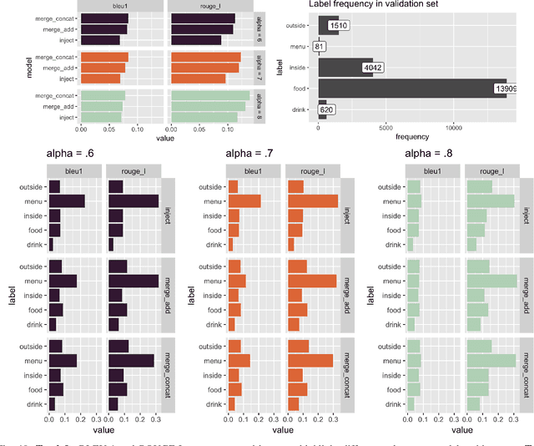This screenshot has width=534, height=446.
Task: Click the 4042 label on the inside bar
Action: tap(373, 68)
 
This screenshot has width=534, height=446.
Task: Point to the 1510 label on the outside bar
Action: tap(339, 27)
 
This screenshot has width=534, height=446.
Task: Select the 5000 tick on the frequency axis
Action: tap(385, 128)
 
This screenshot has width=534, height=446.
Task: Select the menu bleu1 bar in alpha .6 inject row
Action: tap(67, 200)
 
